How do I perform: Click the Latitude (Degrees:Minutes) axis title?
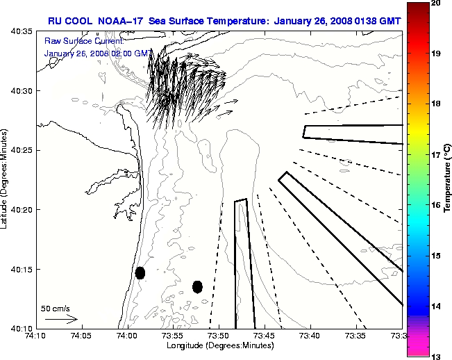pyautogui.click(x=6, y=179)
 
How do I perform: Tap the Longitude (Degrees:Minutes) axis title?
pyautogui.click(x=219, y=346)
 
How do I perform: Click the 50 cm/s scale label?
pyautogui.click(x=56, y=308)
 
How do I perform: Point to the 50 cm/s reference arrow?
pyautogui.click(x=61, y=319)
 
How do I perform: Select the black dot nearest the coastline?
pyautogui.click(x=140, y=272)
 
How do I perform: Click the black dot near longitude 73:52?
pyautogui.click(x=197, y=286)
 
